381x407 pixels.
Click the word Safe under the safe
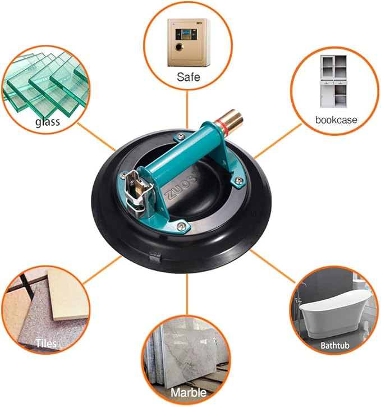coord(189,77)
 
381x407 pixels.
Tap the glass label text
coord(48,122)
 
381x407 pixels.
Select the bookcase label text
coord(336,120)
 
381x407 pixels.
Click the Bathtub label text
coord(335,345)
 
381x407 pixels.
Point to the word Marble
coord(189,392)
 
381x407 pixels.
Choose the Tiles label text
coord(46,344)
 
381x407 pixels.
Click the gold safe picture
coord(188,42)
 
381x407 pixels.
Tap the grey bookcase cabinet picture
coord(333,81)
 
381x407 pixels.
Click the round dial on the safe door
coord(179,47)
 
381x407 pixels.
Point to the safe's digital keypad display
coord(186,34)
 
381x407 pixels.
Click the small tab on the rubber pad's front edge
coord(155,257)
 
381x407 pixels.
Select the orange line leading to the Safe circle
coord(187,109)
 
